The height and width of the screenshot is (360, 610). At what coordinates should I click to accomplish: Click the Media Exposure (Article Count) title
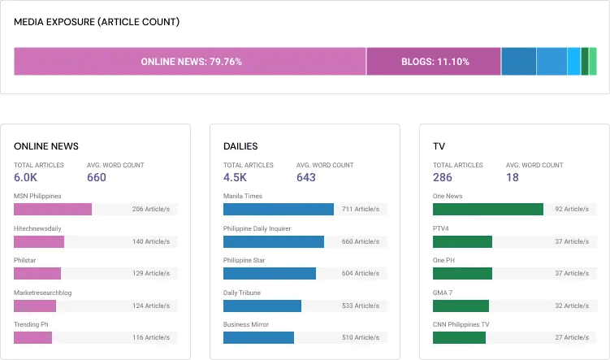(97, 22)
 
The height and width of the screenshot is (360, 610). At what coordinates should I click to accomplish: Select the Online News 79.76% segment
(190, 62)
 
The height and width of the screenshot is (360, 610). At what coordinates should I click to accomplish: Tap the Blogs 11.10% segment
(434, 62)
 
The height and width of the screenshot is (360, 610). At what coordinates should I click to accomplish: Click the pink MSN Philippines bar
(53, 209)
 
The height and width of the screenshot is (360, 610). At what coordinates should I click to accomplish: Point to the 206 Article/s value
(150, 209)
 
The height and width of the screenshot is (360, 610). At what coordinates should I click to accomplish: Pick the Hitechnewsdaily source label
(38, 228)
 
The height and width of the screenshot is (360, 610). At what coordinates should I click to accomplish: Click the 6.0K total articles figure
(26, 178)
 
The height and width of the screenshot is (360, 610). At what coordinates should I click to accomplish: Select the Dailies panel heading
(240, 146)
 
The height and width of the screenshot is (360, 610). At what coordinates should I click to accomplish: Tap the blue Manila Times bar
(279, 209)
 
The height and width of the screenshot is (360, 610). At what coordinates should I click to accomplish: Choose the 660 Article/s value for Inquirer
(360, 241)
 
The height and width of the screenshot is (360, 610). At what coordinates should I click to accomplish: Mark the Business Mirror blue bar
(258, 337)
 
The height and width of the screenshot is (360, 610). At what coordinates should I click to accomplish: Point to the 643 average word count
(306, 178)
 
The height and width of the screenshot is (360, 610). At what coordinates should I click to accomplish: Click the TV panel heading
(439, 146)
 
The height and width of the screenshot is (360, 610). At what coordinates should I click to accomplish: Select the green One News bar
(488, 209)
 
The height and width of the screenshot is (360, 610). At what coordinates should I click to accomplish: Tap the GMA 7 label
(443, 293)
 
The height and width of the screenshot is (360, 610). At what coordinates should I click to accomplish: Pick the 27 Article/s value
(572, 337)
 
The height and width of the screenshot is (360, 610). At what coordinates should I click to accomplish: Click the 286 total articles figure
(443, 178)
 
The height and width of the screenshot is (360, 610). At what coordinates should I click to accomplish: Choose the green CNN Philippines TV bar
(459, 337)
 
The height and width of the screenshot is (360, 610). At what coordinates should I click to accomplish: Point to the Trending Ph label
(32, 324)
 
